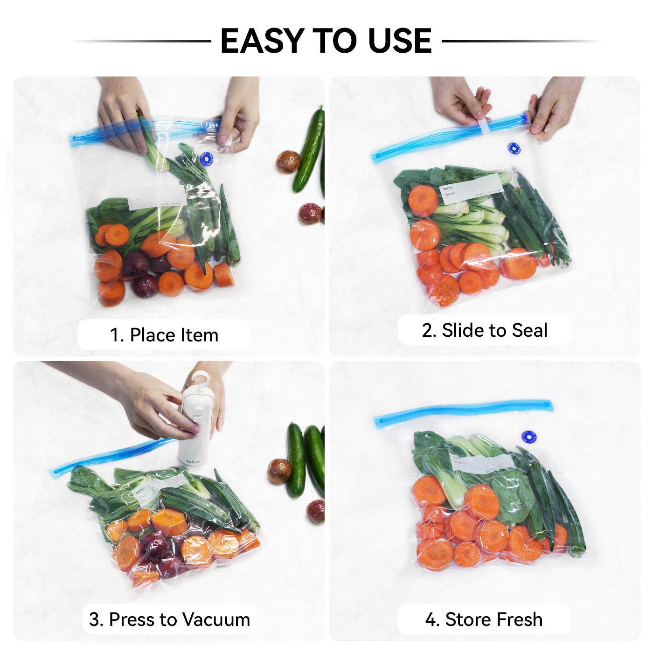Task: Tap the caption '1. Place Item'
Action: pos(164,335)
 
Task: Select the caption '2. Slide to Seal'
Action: pos(484,330)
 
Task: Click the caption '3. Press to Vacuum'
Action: pos(169,619)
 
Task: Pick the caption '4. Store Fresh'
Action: pos(484,619)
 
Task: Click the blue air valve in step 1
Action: pos(204,158)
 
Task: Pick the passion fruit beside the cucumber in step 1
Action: pos(288,163)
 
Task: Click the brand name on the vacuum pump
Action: pos(193,462)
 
